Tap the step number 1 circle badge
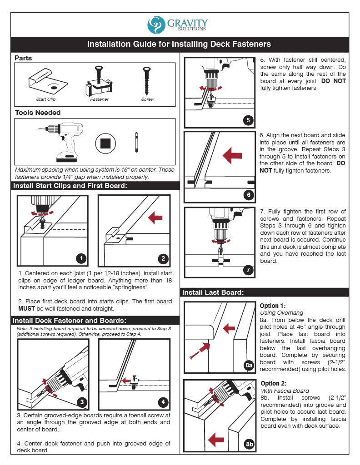[80, 258]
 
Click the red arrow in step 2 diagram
[156, 218]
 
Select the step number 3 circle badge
[81, 401]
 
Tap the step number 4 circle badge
[163, 401]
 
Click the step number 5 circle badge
[248, 120]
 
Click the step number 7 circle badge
[248, 270]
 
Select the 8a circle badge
[248, 365]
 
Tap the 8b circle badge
[249, 444]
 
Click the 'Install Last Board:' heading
[213, 292]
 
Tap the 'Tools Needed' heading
[37, 113]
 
